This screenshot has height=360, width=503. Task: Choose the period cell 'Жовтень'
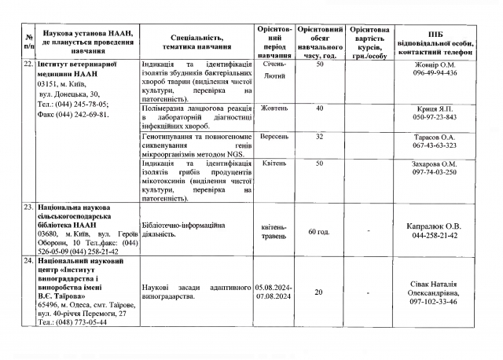point(274,108)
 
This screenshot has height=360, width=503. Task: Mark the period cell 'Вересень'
point(274,136)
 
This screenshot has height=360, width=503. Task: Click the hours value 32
point(319,136)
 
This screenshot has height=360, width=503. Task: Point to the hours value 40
point(319,108)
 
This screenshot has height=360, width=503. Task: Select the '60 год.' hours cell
point(319,232)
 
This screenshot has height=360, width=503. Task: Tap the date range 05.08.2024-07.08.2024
point(274,292)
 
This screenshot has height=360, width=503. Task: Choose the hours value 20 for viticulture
point(319,292)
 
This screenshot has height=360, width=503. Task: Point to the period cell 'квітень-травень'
point(274,232)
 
